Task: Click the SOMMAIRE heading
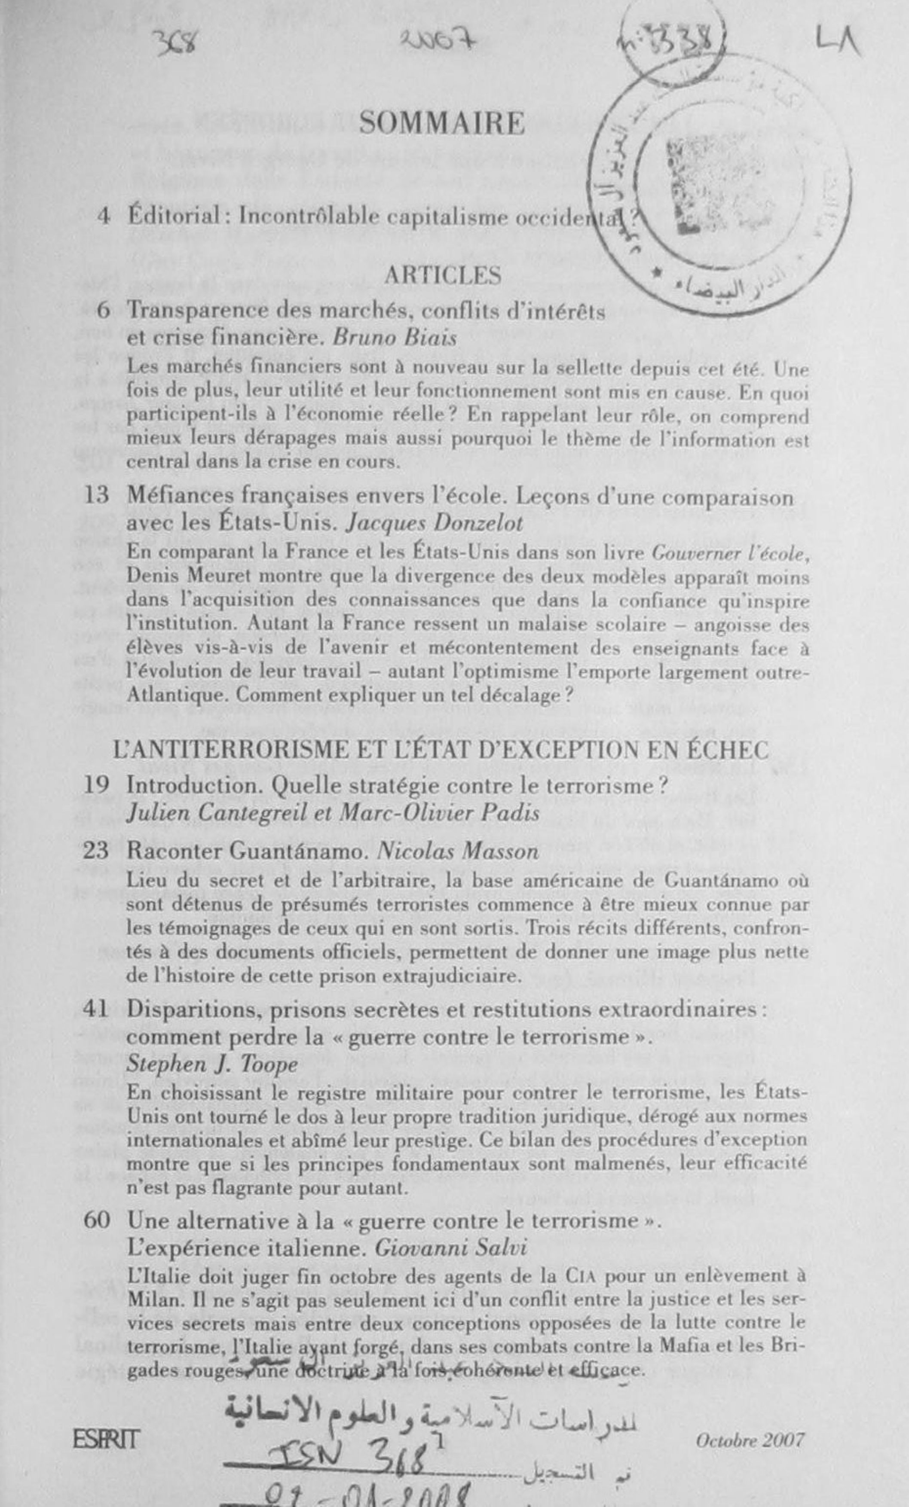(x=442, y=124)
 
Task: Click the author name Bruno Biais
(x=395, y=338)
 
